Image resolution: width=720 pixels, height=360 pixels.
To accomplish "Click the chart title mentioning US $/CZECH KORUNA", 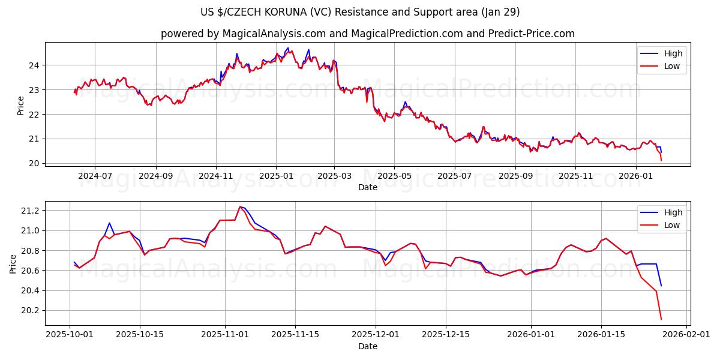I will pos(360,12).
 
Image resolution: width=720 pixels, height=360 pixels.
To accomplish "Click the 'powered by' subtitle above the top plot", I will pos(367,34).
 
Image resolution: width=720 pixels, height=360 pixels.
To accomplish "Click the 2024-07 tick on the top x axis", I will pos(95,176).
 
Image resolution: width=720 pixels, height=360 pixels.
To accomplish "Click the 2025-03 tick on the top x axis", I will pos(334,176).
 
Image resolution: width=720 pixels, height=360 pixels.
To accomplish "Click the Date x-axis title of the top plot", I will pos(367,187).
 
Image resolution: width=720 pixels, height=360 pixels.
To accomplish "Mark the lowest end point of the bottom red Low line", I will pos(661,319).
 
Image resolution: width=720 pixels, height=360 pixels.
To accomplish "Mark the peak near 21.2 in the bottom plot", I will pos(240,206).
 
